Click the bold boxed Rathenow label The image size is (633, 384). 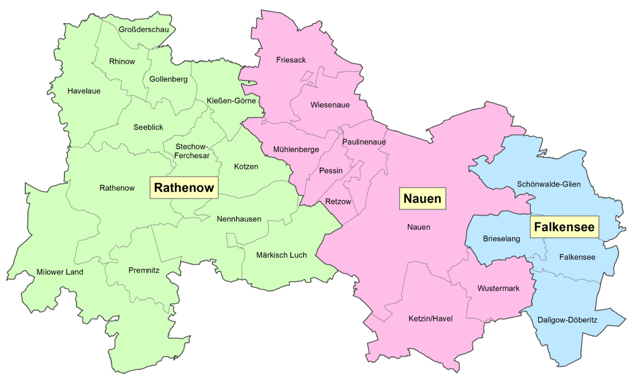point(184,188)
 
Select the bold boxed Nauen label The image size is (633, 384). point(422,199)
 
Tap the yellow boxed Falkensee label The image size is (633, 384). point(564,227)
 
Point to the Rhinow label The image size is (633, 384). point(122,61)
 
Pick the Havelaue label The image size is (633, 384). point(84,91)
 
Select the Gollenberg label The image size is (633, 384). point(168,80)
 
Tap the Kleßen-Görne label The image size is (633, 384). point(231,100)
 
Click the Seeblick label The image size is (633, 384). point(148,127)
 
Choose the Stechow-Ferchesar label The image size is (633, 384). point(193,151)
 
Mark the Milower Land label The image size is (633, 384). point(60,272)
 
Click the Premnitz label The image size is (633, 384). point(144,270)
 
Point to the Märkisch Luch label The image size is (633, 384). point(281,255)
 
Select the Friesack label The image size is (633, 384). point(291,60)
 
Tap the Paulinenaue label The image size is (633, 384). point(364,142)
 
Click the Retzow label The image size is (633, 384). point(338,201)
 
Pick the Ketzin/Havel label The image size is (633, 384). point(430,319)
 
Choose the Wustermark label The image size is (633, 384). point(498,288)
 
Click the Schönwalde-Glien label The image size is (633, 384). point(549,184)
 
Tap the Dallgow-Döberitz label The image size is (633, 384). point(567,320)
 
